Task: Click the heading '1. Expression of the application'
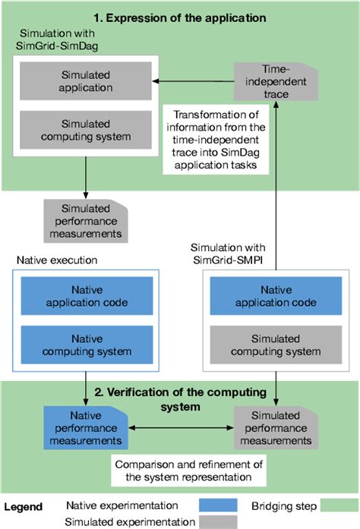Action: click(179, 15)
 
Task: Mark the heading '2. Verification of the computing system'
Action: click(180, 399)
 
